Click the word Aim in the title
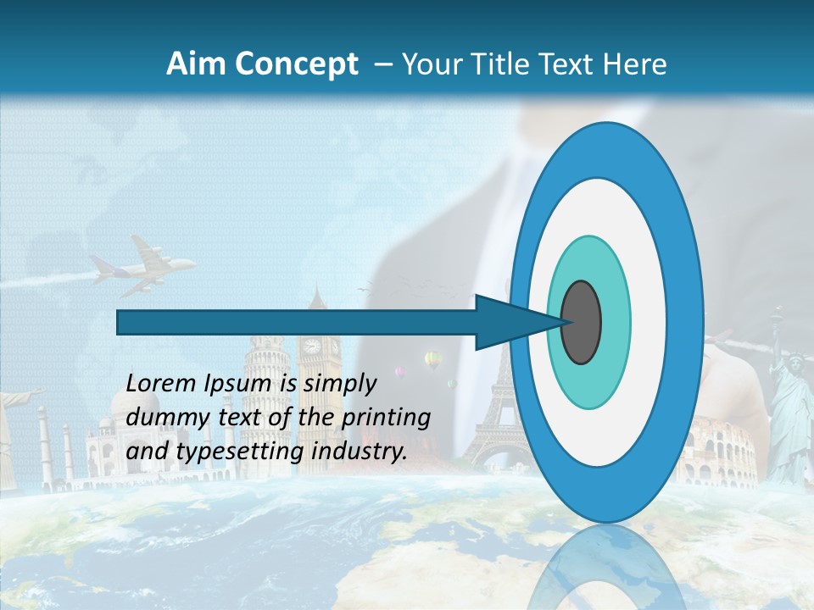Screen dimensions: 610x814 tap(197, 64)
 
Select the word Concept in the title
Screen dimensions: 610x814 tap(297, 65)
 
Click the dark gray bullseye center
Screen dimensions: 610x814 tap(582, 322)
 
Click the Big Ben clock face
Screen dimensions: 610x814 tap(313, 346)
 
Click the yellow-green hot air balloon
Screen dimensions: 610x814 tap(433, 360)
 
